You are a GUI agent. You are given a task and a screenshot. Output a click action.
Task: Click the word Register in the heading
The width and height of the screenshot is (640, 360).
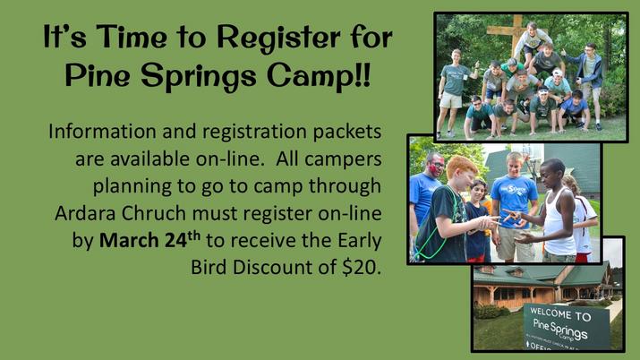pyautogui.click(x=278, y=39)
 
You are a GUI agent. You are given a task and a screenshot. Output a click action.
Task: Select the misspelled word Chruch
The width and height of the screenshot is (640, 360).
pyautogui.click(x=154, y=213)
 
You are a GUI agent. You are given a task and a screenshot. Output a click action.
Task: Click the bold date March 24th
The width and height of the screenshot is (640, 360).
pyautogui.click(x=149, y=240)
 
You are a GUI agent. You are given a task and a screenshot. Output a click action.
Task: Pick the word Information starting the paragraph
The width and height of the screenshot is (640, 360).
pyautogui.click(x=102, y=132)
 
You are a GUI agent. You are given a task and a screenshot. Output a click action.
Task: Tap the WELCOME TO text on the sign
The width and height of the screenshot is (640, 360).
pyautogui.click(x=560, y=314)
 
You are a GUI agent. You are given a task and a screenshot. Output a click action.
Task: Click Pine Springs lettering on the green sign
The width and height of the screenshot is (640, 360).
pyautogui.click(x=560, y=330)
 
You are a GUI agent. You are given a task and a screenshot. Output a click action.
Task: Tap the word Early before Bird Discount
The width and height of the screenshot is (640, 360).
pyautogui.click(x=359, y=241)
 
